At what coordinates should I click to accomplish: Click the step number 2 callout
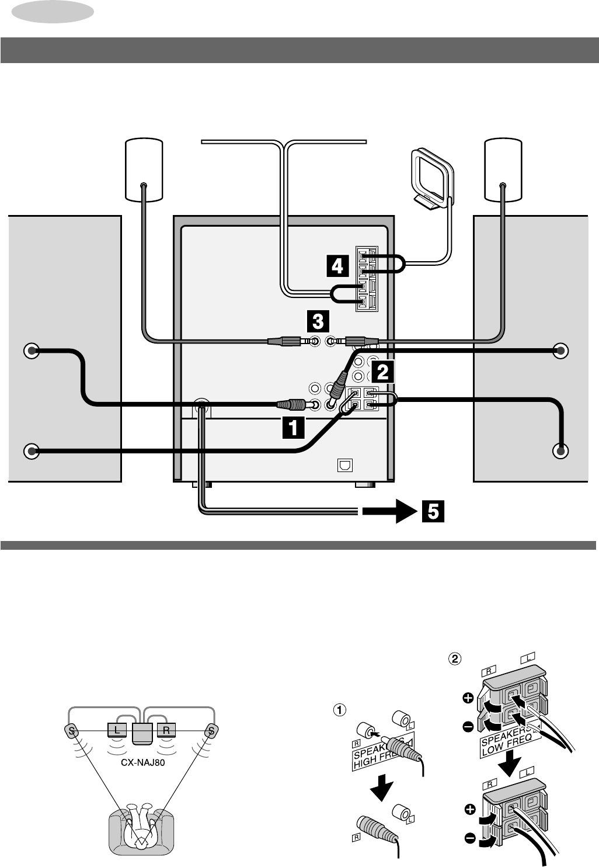click(381, 370)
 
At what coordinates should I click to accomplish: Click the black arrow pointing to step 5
click(387, 512)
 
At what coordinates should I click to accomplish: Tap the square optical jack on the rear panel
click(344, 466)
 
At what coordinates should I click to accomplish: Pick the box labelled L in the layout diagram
click(117, 730)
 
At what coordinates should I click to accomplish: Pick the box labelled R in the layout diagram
click(166, 730)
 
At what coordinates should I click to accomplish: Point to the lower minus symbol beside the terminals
click(470, 839)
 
